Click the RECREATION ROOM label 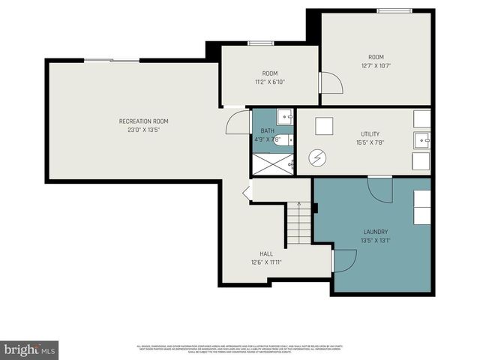(143, 121)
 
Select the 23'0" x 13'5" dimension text (143, 130)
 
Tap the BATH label (267, 130)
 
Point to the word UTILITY (365, 134)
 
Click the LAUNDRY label (375, 232)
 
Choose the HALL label (266, 254)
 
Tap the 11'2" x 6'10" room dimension (269, 82)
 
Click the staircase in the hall (297, 226)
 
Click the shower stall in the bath (272, 163)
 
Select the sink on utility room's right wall (423, 139)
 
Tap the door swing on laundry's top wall (381, 189)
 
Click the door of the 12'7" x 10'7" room (331, 83)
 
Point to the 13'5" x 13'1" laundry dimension (375, 241)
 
